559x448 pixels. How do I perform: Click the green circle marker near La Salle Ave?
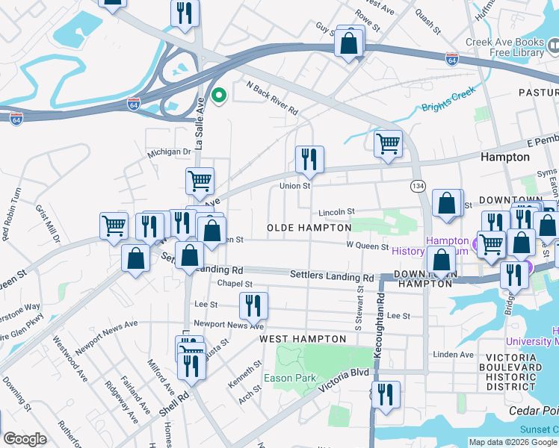(219, 95)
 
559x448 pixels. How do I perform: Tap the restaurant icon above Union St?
(309, 159)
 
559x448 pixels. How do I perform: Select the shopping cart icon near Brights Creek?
(388, 143)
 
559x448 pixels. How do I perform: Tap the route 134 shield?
(418, 184)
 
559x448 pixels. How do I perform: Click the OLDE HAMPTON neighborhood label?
(309, 227)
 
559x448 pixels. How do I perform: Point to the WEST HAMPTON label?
(303, 339)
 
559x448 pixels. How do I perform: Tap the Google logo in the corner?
(25, 439)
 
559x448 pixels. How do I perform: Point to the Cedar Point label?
(533, 411)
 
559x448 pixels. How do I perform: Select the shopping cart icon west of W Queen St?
(114, 225)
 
